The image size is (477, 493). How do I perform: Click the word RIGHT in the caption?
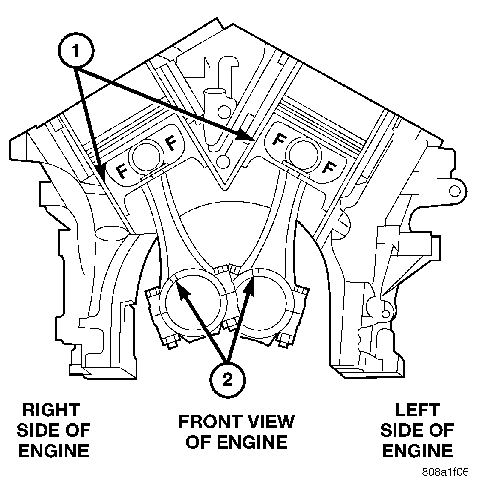(x=51, y=410)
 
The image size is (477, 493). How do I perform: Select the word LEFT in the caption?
(x=417, y=410)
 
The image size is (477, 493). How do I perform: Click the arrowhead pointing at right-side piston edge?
(x=102, y=173)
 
